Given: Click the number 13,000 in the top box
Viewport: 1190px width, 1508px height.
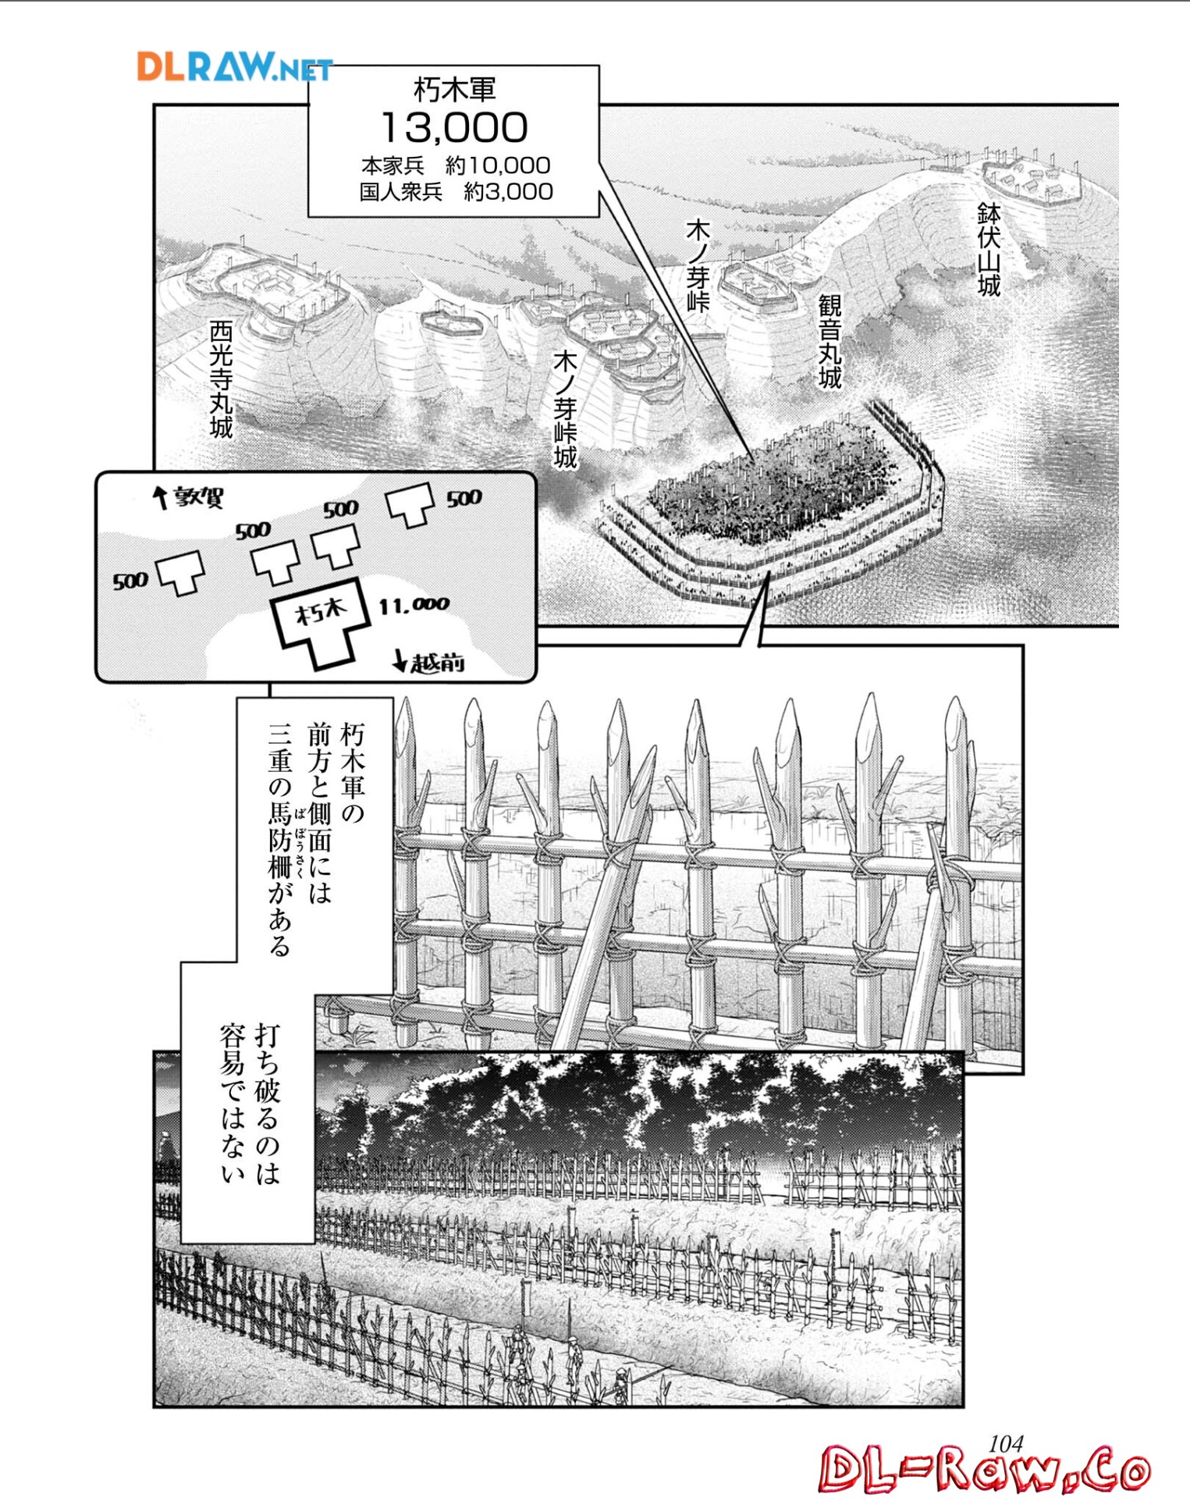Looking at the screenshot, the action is tap(454, 127).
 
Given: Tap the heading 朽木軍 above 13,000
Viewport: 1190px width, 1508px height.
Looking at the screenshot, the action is tap(454, 90).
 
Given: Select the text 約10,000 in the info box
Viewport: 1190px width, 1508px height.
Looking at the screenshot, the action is tap(498, 165).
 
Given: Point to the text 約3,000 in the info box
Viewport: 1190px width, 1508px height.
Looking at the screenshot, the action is tap(508, 191).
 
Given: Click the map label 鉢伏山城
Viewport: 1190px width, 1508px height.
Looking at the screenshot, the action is tap(989, 250).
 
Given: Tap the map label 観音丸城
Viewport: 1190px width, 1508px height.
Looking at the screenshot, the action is tap(829, 341).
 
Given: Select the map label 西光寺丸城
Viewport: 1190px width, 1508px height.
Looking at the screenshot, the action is tap(222, 379).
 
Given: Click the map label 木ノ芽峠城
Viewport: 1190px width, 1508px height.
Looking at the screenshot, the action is tap(565, 410).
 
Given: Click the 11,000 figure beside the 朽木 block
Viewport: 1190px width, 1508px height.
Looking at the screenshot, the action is tap(414, 605).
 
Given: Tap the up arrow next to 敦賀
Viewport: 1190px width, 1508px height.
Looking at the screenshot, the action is tap(161, 497).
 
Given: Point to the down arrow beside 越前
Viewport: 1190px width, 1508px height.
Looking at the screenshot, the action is tap(400, 661).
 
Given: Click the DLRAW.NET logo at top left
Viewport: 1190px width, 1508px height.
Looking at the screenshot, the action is tap(235, 67).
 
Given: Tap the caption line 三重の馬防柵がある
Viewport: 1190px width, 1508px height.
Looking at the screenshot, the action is tap(279, 839).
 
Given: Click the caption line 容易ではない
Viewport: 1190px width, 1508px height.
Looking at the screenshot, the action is tap(233, 1104).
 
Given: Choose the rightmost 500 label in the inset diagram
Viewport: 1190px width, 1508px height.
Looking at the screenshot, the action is tap(464, 498).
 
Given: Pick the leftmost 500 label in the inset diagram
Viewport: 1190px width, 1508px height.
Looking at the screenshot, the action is tap(130, 581).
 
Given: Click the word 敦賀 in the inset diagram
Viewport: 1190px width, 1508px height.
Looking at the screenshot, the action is tap(198, 497).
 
